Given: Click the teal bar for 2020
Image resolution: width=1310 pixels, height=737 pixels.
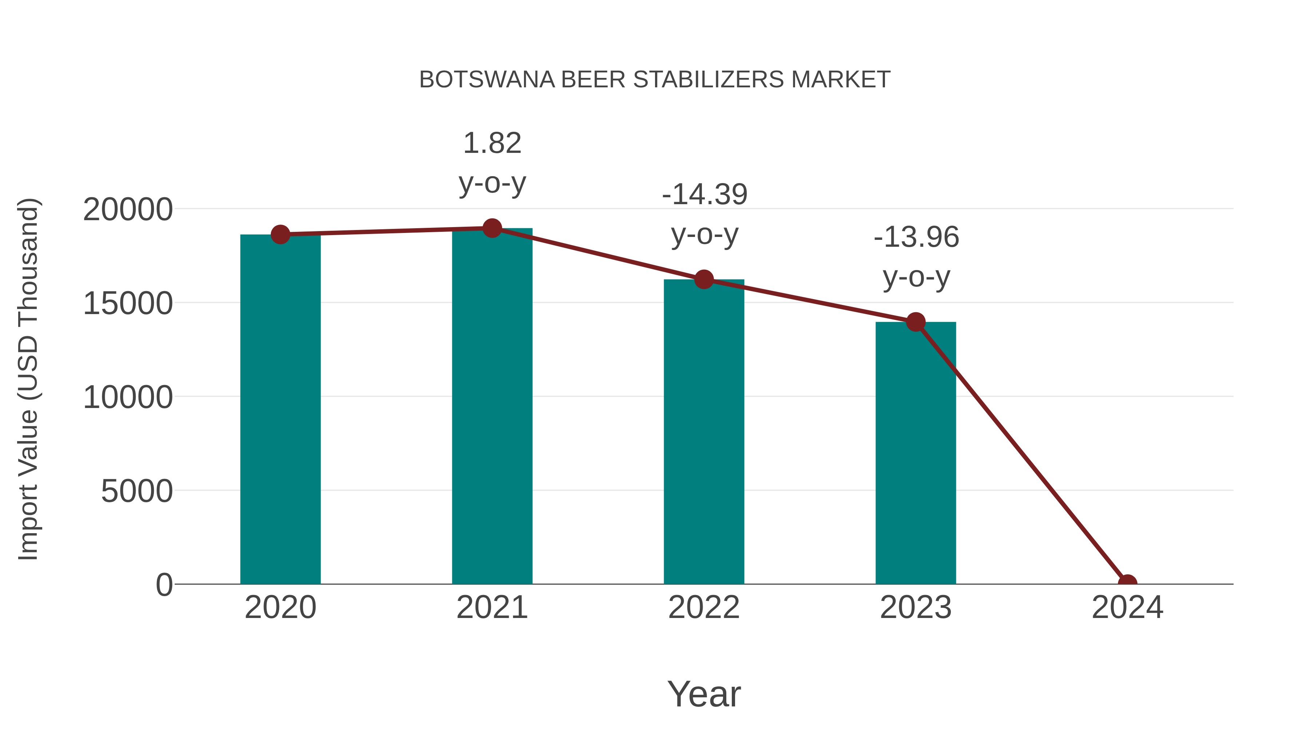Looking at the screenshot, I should (280, 409).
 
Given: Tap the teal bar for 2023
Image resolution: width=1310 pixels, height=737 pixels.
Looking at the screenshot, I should (916, 453).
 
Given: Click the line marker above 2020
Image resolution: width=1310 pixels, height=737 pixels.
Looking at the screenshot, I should (280, 234).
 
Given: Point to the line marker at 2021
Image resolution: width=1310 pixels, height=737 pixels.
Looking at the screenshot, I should (492, 228).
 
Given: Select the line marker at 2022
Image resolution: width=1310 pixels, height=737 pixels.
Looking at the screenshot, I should (704, 279).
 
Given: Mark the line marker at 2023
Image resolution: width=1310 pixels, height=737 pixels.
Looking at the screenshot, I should (916, 322).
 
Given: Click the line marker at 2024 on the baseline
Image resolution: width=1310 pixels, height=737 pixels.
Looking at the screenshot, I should (1127, 583).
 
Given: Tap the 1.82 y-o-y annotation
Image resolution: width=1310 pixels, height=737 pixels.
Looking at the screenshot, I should (492, 163).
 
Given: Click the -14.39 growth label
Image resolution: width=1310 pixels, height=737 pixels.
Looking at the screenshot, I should (704, 214).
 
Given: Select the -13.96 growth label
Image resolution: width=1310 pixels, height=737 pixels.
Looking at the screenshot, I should (916, 257).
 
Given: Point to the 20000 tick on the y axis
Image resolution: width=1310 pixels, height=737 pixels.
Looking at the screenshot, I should (128, 210).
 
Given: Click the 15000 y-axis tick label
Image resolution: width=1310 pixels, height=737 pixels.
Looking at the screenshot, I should (128, 304).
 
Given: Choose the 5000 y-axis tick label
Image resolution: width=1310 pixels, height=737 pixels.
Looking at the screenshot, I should (137, 491).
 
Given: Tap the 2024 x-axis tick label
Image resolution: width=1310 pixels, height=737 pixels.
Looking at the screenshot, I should (1127, 607).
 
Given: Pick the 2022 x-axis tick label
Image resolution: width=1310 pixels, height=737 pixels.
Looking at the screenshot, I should (704, 607).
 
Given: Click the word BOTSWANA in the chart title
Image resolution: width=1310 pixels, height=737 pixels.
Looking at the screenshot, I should (487, 80).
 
